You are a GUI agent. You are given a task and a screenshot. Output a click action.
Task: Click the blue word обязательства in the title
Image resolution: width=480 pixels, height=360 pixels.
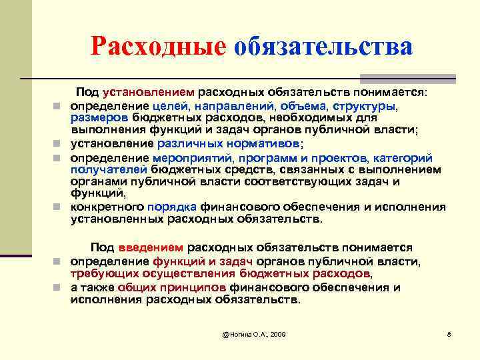[x=323, y=47]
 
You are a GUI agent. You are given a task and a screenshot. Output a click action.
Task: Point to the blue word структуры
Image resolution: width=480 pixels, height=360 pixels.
[x=363, y=106]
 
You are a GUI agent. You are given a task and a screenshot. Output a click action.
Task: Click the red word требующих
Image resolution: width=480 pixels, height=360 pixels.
[x=106, y=274]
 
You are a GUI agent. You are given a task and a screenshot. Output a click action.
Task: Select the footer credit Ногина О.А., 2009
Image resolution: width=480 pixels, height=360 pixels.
[x=255, y=333]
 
